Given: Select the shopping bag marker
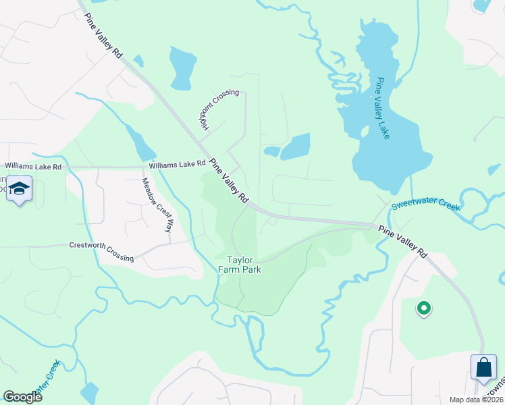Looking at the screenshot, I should point(483,369).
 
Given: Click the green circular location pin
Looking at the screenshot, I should point(424,308).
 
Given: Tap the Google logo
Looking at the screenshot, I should point(22,397).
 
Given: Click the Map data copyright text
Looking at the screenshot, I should point(476,400).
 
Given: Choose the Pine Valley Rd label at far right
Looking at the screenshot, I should point(402,240).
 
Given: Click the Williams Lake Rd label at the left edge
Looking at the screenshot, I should point(33,166).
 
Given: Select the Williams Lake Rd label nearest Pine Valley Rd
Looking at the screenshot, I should point(177,164).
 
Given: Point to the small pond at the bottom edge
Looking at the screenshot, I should point(88,392).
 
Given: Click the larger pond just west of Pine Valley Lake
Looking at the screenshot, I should point(295,146).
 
